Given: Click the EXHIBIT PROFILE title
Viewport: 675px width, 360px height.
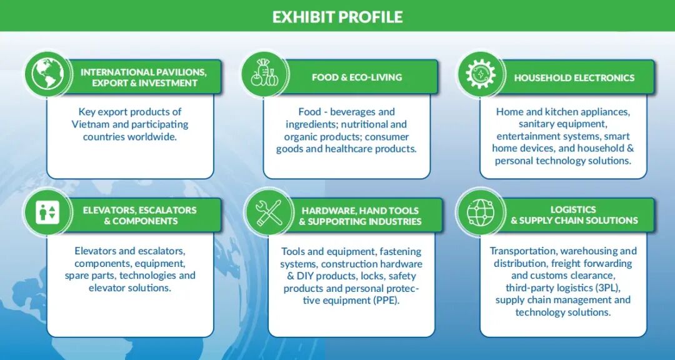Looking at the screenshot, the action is tap(337, 16).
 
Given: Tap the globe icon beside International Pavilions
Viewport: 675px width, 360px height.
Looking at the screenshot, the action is tap(47, 74).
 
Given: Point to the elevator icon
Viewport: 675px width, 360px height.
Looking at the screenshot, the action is tap(47, 212).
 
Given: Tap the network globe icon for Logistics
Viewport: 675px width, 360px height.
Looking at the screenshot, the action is tap(481, 212).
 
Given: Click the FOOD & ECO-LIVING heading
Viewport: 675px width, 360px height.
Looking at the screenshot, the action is tap(357, 77).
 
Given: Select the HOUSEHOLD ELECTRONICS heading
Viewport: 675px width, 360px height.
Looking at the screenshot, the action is tap(574, 78).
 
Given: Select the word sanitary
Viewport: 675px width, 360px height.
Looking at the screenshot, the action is tap(536, 124).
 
